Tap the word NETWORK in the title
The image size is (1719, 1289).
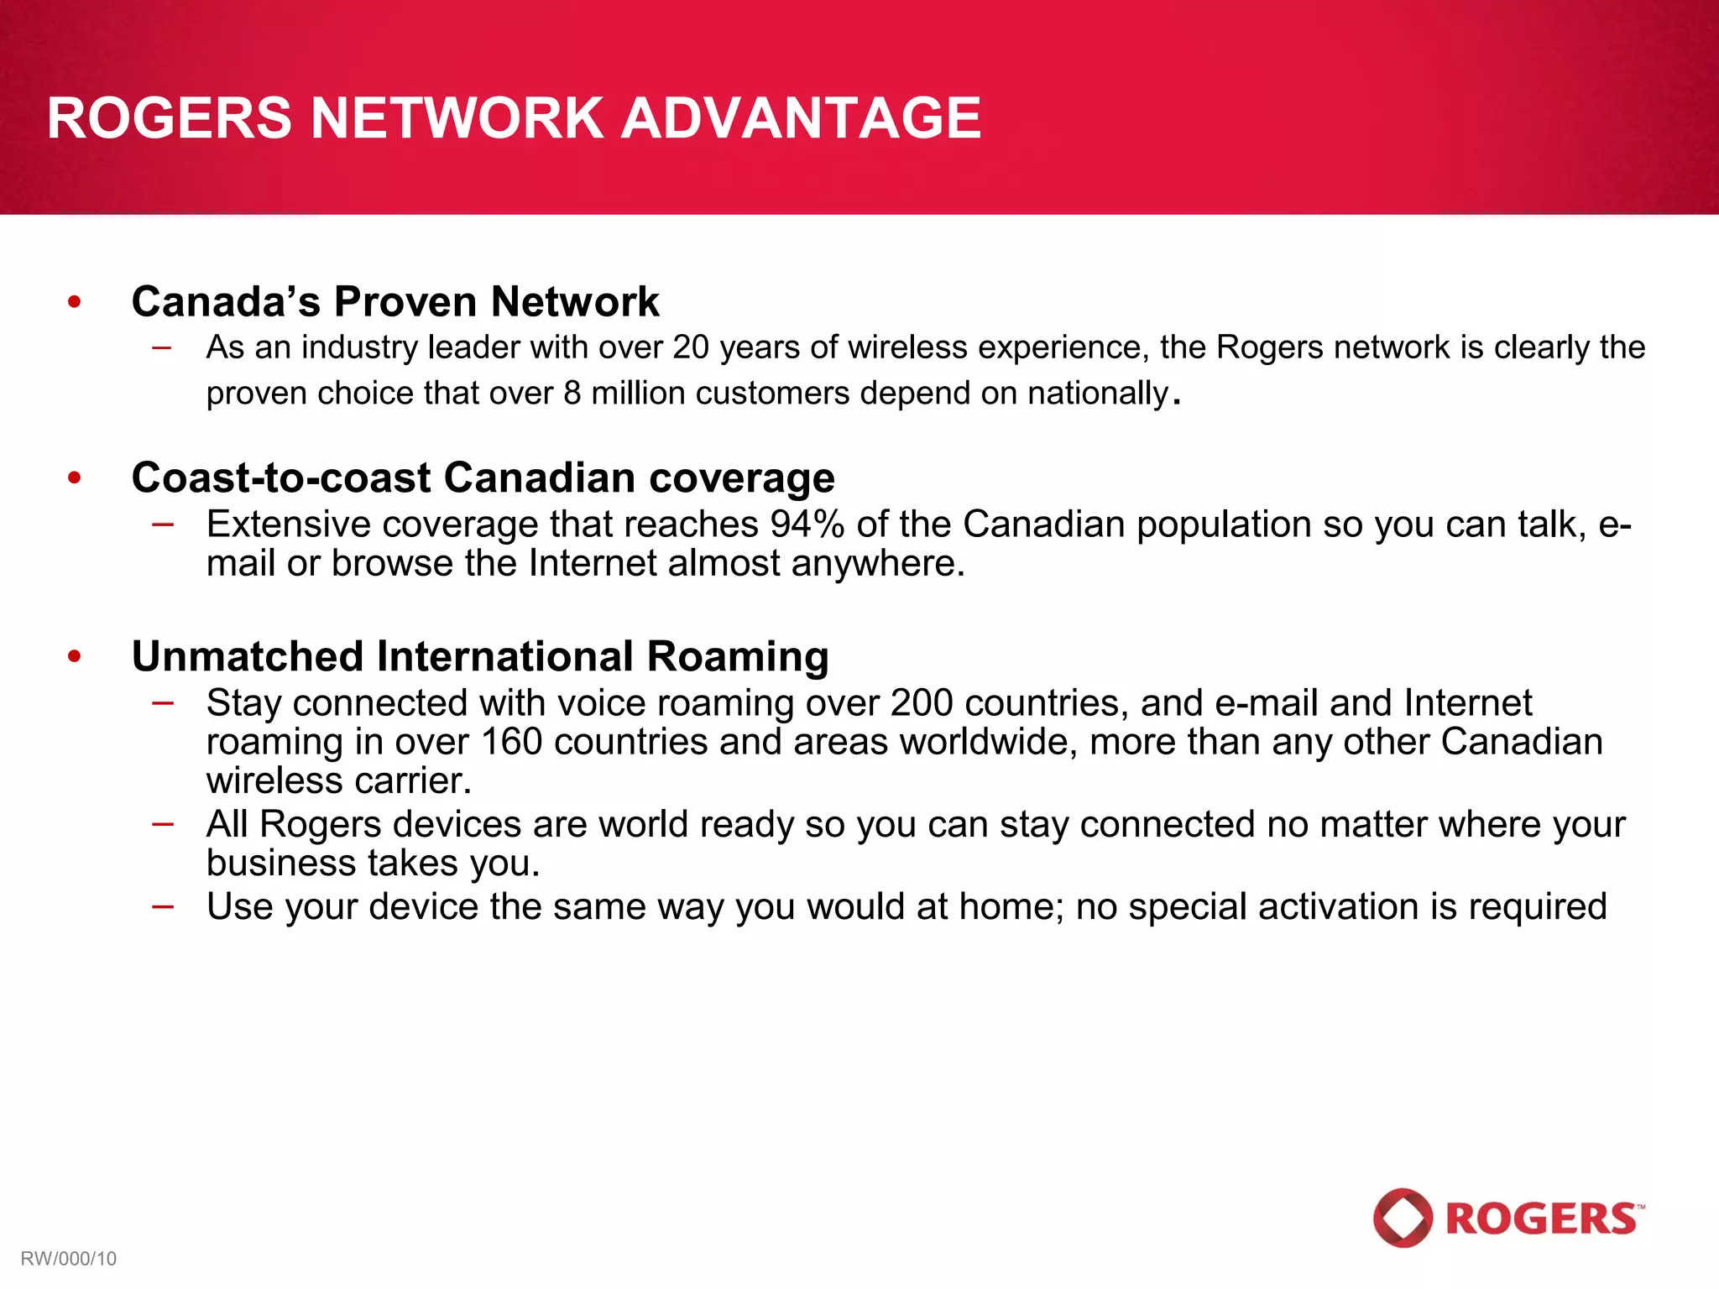tap(457, 118)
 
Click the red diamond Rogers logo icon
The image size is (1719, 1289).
tap(1403, 1217)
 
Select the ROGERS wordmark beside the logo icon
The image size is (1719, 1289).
tap(1543, 1219)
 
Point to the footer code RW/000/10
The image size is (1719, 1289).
tap(68, 1259)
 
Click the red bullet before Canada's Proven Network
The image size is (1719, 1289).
tap(75, 302)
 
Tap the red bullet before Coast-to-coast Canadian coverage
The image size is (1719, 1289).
tap(75, 478)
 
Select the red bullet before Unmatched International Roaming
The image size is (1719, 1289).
tap(75, 656)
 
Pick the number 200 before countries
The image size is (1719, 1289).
tap(922, 703)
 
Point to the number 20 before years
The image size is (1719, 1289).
tap(691, 347)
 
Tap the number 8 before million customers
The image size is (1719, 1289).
tap(572, 394)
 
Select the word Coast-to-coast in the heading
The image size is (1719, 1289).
tap(281, 478)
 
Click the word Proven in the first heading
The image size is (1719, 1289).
tap(405, 302)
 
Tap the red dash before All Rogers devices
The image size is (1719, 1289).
tap(163, 823)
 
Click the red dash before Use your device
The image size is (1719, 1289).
tap(163, 906)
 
